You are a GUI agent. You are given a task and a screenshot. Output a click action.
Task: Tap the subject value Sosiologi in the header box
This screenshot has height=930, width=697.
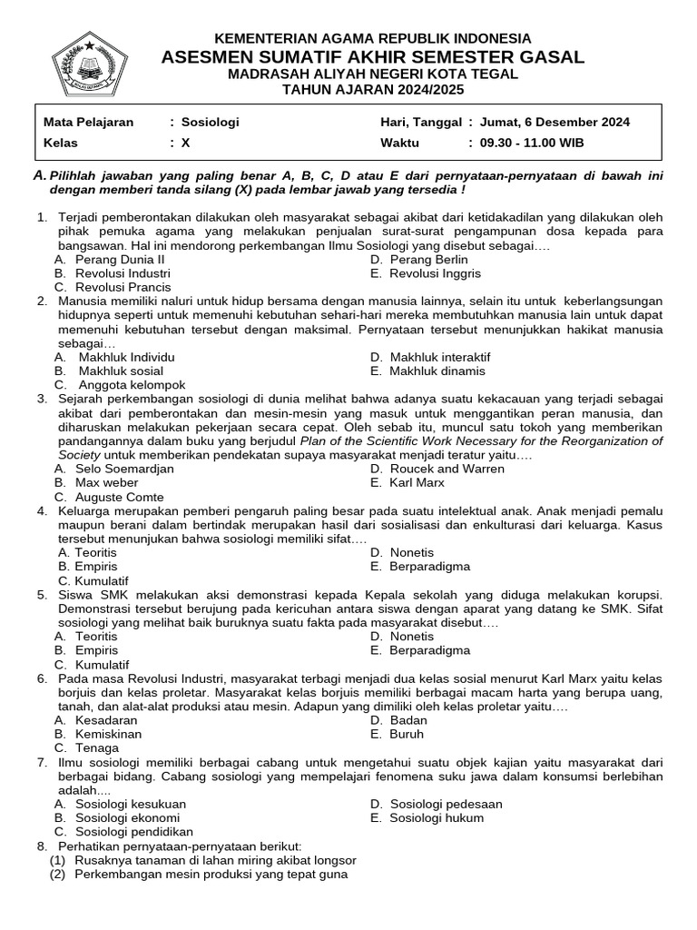[210, 122]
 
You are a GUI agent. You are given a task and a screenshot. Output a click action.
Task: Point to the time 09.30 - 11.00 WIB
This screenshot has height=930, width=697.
[532, 143]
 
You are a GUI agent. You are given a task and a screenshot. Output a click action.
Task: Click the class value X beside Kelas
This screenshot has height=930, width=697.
[186, 143]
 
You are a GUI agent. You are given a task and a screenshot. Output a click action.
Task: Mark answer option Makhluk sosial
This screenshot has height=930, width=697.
[121, 371]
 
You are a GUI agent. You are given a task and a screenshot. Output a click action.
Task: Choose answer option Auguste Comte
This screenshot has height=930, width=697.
[120, 497]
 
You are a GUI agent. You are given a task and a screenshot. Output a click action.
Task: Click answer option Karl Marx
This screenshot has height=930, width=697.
[417, 482]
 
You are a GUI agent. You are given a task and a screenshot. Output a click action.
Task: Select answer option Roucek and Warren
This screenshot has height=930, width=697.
[437, 469]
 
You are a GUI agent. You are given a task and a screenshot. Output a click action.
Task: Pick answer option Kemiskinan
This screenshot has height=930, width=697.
[108, 734]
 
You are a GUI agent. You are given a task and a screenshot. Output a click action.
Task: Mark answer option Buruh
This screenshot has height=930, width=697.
[407, 734]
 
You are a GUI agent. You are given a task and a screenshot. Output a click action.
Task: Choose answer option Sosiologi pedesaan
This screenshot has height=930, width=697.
[446, 804]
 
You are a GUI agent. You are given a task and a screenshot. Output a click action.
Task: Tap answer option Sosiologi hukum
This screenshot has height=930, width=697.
[437, 817]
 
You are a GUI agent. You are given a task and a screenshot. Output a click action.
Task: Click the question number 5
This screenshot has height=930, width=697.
[42, 595]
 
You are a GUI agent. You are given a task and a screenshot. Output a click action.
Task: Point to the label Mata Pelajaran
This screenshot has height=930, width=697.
[89, 122]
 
